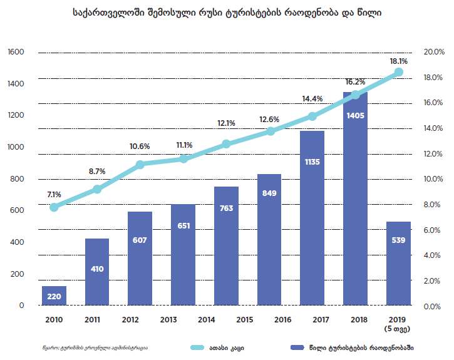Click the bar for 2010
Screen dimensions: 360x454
[54, 296]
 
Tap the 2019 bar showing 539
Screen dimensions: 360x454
[398, 264]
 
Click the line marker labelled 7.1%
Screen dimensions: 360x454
[54, 207]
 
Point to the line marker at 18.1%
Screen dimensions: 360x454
[398, 73]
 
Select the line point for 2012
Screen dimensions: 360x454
[140, 165]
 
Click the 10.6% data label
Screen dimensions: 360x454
[140, 147]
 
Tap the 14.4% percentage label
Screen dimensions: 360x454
[312, 98]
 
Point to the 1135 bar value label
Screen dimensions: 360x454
[312, 162]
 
